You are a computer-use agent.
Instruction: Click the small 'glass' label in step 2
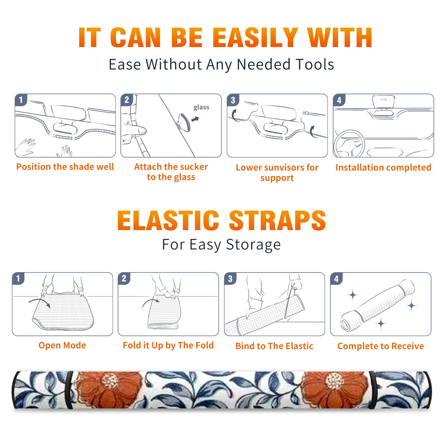201,107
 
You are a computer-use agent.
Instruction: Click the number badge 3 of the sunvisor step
233,100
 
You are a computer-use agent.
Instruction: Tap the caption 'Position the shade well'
65,167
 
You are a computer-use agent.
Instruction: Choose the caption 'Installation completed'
383,168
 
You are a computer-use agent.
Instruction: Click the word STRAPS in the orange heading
277,220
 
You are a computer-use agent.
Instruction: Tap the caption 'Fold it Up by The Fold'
168,346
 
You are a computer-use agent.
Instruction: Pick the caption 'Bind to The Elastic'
274,346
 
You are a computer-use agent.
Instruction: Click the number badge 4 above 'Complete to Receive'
336,279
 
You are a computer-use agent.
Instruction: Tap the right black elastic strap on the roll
372,390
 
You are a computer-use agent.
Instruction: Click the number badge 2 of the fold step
124,279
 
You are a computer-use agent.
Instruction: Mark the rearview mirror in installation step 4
383,102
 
